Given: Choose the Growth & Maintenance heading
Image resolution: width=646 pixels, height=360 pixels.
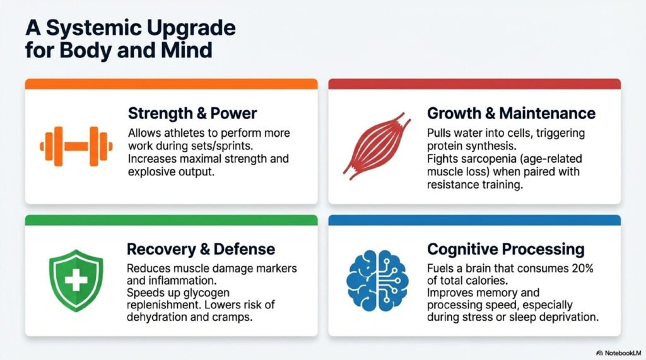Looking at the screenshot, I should pos(511,113).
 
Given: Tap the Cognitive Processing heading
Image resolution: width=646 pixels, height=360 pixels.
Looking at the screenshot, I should pos(506,248).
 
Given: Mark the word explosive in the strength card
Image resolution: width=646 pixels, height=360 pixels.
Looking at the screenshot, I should pos(154,172).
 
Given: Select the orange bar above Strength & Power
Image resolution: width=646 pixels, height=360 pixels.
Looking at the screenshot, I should pos(170,84).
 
